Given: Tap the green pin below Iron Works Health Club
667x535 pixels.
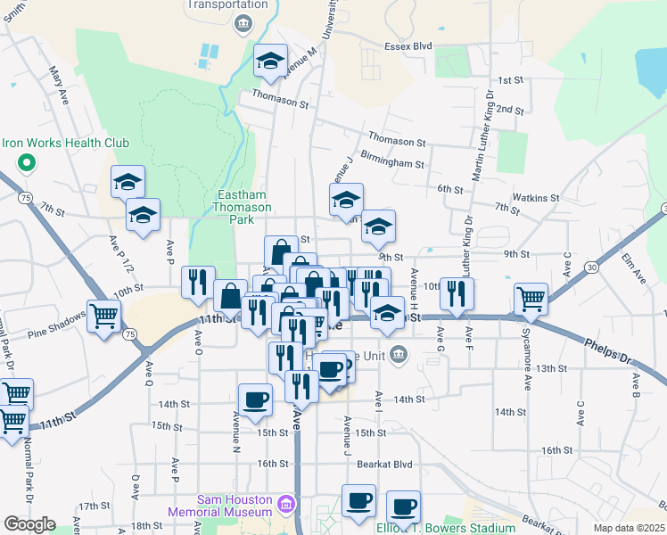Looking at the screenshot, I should click(27, 163).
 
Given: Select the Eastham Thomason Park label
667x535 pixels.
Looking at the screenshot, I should click(244, 201).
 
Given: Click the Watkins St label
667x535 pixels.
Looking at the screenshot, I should click(535, 197).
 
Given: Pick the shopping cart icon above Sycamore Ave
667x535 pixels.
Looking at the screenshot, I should click(531, 297).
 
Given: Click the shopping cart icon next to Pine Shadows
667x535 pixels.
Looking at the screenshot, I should click(104, 315).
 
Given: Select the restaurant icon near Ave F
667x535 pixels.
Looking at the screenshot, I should click(457, 293).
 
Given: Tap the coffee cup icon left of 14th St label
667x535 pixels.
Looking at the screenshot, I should click(255, 399).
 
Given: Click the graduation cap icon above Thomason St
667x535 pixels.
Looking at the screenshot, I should click(270, 59).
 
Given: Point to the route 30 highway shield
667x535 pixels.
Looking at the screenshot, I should click(591, 267).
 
